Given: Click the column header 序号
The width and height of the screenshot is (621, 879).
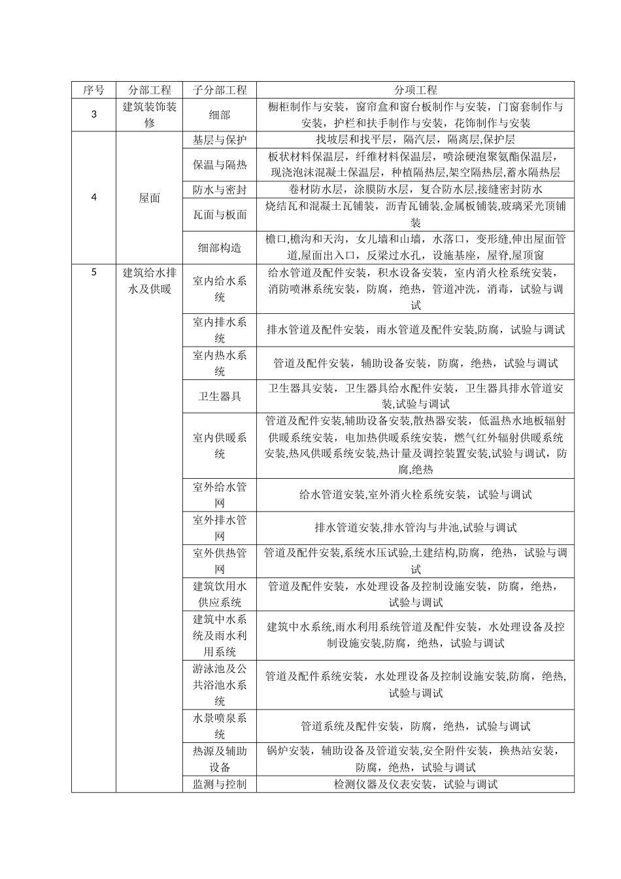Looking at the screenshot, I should [x=93, y=90].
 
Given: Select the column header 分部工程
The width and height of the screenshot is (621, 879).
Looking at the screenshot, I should [x=150, y=90].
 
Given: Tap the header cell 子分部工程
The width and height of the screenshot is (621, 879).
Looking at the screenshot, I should [x=220, y=90].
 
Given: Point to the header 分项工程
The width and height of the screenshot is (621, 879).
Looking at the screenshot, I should [x=415, y=90].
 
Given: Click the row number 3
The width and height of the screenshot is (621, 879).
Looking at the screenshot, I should [x=93, y=114].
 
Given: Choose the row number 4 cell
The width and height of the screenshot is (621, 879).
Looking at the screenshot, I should [x=93, y=197].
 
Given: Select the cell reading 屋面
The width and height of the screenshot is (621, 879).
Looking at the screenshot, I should [x=150, y=198].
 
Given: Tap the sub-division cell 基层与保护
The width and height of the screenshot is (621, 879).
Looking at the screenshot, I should [x=220, y=140].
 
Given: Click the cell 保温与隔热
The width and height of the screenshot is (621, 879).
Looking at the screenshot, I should [x=220, y=165].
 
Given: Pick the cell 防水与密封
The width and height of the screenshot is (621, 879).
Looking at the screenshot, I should [x=220, y=190].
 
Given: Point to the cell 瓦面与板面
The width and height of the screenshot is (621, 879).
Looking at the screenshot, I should [x=220, y=215].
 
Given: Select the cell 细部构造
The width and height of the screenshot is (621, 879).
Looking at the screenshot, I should [x=220, y=247].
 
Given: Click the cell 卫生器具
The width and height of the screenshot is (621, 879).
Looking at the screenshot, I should [x=220, y=396].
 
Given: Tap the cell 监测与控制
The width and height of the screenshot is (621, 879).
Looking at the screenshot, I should [x=220, y=784].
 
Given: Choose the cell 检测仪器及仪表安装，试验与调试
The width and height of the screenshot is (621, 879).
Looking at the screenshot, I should [x=415, y=784].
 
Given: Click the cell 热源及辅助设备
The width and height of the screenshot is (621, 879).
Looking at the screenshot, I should [x=220, y=759].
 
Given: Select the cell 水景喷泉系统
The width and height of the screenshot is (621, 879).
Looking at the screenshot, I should [x=220, y=726].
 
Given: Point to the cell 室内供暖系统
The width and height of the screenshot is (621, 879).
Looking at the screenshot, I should [x=220, y=445].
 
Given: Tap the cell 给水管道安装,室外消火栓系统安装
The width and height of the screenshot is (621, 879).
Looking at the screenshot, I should [x=415, y=495].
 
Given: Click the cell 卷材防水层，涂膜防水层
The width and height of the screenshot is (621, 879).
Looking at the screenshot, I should [x=415, y=190].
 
